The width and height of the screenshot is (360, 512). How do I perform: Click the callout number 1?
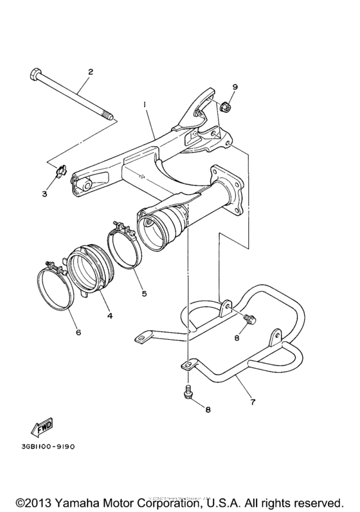pyautogui.click(x=145, y=103)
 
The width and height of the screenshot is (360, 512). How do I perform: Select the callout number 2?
pyautogui.click(x=91, y=72)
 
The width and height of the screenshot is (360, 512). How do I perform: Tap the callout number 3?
pyautogui.click(x=45, y=193)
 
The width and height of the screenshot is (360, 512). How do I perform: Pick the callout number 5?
pyautogui.click(x=144, y=294)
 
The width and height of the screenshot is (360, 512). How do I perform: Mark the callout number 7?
pyautogui.click(x=252, y=403)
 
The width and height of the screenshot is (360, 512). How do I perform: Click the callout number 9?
pyautogui.click(x=235, y=86)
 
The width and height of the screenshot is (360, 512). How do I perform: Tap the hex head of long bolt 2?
pyautogui.click(x=36, y=74)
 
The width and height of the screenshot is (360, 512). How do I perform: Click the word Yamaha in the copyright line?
pyautogui.click(x=70, y=500)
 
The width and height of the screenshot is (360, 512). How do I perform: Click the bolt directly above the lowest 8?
pyautogui.click(x=188, y=390)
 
